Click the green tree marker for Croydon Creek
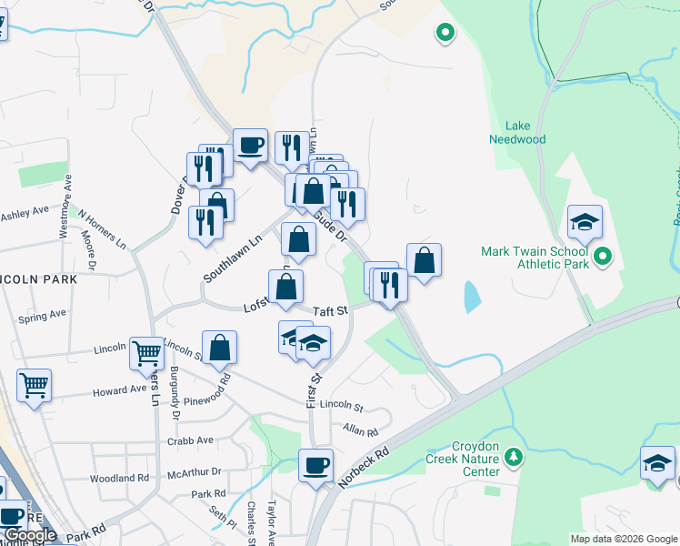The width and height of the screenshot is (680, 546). (515, 456)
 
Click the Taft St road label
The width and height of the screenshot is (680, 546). (331, 310)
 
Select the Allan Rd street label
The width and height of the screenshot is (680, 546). (360, 428)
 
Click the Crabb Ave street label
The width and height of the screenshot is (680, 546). (190, 440)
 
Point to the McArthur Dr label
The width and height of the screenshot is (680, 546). (195, 471)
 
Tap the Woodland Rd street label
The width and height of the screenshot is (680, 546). (119, 478)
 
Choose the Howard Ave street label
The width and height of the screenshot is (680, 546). (119, 390)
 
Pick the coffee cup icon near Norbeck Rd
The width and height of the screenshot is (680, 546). (316, 465)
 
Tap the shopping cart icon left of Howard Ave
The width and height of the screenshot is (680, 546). (34, 384)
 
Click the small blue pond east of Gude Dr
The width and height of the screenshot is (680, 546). (470, 297)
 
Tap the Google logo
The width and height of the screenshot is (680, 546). (30, 536)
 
